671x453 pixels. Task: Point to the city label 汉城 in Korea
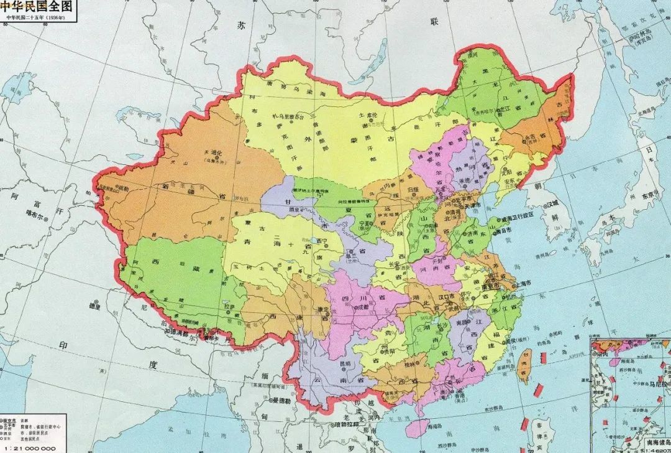(555, 204)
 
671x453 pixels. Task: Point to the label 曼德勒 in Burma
(281, 402)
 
